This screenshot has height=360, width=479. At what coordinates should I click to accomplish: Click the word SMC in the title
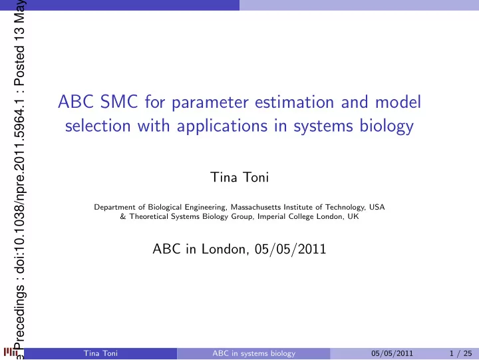(x=119, y=101)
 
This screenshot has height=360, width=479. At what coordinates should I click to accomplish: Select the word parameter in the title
(x=210, y=102)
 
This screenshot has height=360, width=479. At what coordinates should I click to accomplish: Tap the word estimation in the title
(x=295, y=102)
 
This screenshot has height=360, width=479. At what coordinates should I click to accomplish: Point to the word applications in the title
(x=222, y=126)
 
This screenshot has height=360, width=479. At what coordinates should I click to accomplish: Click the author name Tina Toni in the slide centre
(x=239, y=177)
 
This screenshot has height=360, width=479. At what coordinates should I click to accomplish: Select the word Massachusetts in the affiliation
(x=255, y=207)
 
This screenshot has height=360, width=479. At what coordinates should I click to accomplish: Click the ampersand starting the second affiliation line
(x=123, y=217)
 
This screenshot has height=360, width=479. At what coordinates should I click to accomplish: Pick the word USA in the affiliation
(x=377, y=207)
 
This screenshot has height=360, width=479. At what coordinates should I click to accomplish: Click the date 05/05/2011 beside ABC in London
(x=290, y=249)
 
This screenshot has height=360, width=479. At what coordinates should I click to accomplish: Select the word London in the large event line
(x=224, y=249)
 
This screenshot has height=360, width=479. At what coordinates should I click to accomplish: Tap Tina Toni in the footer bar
(x=100, y=353)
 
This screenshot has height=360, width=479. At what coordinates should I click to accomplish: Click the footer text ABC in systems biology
(x=254, y=353)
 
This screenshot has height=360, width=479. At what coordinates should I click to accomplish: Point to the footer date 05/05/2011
(x=392, y=353)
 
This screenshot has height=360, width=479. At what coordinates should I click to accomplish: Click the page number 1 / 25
(x=460, y=353)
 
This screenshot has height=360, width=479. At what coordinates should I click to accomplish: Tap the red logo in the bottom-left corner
(x=10, y=352)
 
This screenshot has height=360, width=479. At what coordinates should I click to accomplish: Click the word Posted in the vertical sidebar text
(x=19, y=66)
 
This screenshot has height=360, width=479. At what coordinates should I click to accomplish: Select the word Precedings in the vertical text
(x=19, y=317)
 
